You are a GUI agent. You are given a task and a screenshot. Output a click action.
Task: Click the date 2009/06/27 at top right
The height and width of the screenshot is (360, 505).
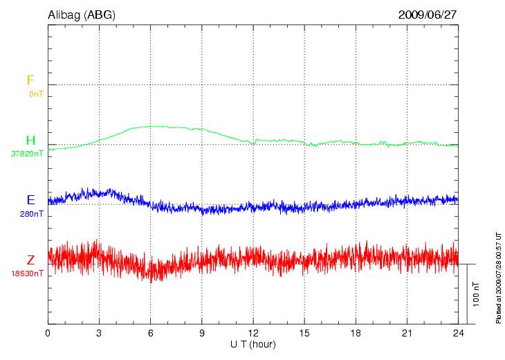(x=428, y=15)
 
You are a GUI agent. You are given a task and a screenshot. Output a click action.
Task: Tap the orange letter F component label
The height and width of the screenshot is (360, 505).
(x=30, y=80)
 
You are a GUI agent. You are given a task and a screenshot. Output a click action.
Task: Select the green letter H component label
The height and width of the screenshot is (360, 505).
(x=30, y=141)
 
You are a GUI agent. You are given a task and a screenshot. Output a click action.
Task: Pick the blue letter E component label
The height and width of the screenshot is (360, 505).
(x=30, y=200)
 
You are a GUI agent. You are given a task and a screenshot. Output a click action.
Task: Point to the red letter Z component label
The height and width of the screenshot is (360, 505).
(x=30, y=260)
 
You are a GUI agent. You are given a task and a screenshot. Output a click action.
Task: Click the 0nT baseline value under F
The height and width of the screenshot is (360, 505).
(x=36, y=93)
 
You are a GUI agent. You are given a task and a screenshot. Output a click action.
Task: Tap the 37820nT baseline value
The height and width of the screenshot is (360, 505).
(x=27, y=154)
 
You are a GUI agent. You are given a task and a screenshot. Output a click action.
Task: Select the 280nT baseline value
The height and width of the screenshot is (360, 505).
(x=31, y=214)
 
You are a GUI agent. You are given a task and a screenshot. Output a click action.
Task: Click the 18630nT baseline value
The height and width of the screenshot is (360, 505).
(x=27, y=274)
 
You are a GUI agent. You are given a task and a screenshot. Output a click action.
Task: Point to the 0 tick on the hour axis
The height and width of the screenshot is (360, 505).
(x=48, y=333)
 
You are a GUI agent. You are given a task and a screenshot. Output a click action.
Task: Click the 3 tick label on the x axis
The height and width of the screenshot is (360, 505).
(x=99, y=333)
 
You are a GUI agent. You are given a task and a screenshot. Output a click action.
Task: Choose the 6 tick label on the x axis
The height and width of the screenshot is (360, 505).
(x=151, y=333)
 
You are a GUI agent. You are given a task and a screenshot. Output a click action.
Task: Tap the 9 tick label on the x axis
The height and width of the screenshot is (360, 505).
(x=202, y=333)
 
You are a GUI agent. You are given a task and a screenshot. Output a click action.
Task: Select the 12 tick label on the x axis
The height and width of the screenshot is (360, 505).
(x=253, y=333)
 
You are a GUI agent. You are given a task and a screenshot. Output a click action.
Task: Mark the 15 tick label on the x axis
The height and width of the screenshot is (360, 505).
(x=304, y=333)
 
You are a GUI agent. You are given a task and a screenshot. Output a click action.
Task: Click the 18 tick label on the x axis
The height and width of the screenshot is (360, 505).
(x=356, y=333)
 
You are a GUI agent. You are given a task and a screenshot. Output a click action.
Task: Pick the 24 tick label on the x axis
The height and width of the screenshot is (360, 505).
(x=458, y=333)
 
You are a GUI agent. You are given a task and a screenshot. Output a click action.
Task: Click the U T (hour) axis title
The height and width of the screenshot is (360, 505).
(x=253, y=344)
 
